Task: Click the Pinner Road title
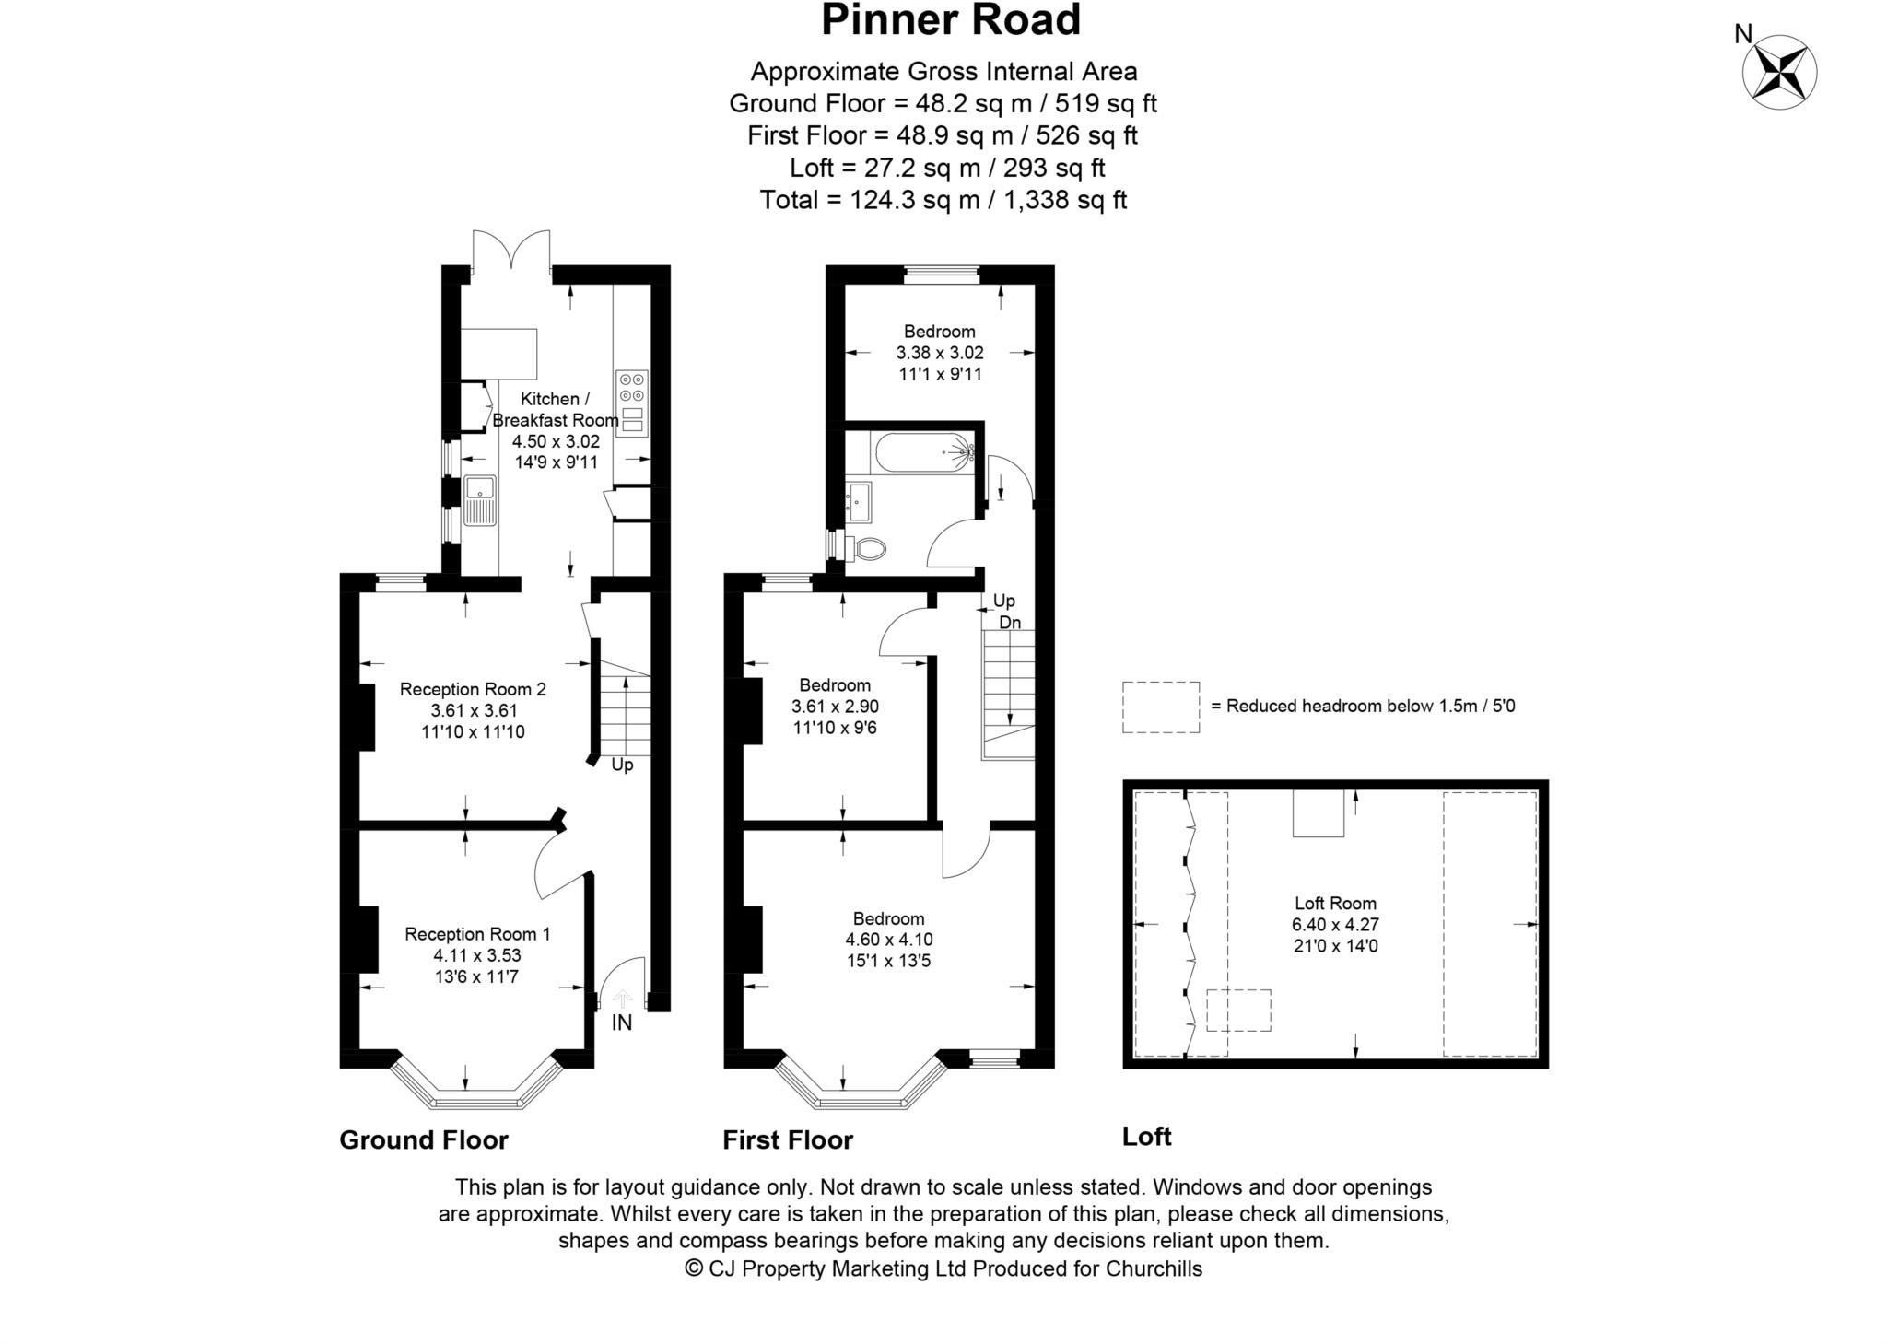point(950,20)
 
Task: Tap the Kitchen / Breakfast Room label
point(555,409)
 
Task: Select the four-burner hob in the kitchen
point(632,386)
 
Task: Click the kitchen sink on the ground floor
point(480,500)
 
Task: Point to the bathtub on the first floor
point(922,452)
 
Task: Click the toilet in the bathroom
point(866,549)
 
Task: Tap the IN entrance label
point(622,1023)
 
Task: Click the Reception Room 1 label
point(477,934)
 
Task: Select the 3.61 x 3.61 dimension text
point(474,710)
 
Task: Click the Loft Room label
point(1335,903)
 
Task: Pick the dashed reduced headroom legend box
point(1160,707)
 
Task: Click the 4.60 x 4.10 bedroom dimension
point(888,940)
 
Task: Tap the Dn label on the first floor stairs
point(1010,622)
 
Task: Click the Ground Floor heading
point(424,1139)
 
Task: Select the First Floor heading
point(788,1139)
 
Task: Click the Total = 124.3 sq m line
point(943,200)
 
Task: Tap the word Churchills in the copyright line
point(1154,1268)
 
